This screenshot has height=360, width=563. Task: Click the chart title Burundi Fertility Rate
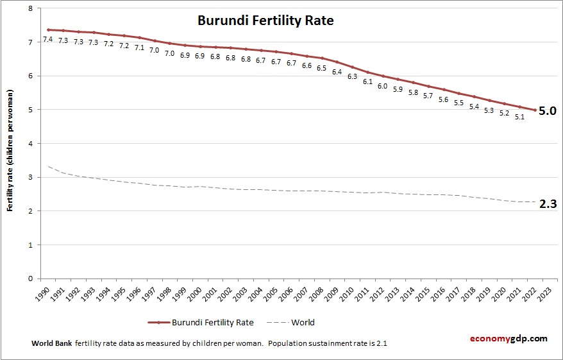tap(265, 21)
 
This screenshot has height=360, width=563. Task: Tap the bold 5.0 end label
tap(547, 110)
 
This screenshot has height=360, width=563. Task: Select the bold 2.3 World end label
tap(547, 204)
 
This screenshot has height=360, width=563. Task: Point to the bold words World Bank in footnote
tap(51, 343)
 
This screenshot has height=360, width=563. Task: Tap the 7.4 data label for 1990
tap(47, 40)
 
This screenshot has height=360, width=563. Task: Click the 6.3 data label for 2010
tap(352, 76)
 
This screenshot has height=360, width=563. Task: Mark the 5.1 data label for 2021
tap(519, 117)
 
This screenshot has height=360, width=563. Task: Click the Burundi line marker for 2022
tap(534, 110)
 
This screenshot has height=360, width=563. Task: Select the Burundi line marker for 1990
tap(48, 30)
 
